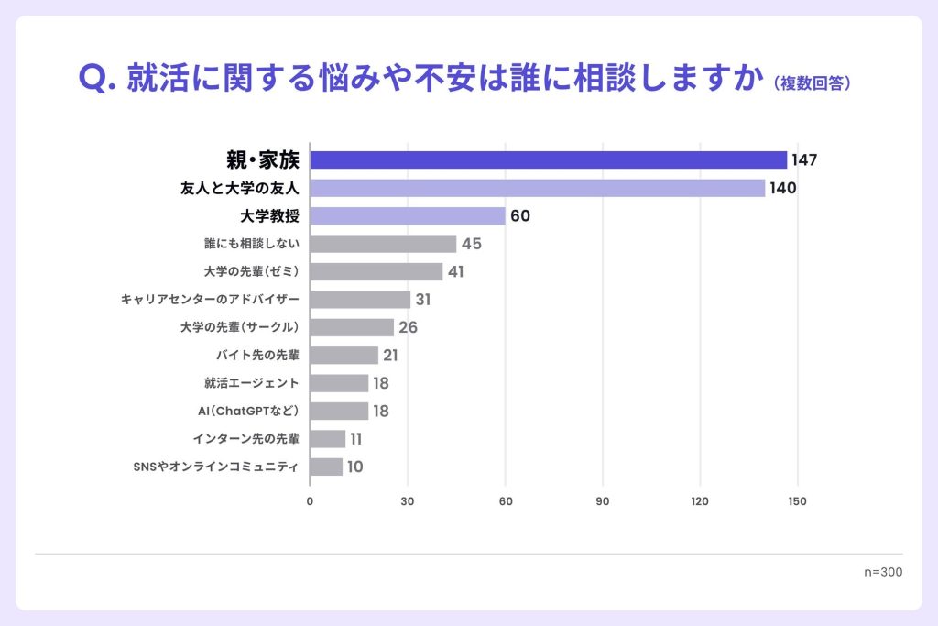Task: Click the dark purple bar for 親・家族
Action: pos(548,160)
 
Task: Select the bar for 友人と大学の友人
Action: pos(537,188)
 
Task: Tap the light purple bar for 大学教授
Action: pos(408,216)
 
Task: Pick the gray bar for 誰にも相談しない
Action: pos(383,244)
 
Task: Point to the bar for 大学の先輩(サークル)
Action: pos(352,327)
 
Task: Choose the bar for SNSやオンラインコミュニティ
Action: pos(326,467)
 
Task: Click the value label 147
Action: pos(804,160)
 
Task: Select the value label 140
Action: pos(783,188)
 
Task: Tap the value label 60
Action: pos(520,216)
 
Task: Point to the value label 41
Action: pos(457,272)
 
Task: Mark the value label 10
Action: pos(354,467)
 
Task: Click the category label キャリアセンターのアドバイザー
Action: pos(210,300)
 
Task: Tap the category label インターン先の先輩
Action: pos(245,439)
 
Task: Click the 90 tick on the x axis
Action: pos(603,501)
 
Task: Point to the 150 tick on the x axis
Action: pos(797,501)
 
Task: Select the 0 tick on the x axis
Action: pos(310,501)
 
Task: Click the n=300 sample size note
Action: pos(883,571)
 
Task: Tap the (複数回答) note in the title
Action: pos(813,83)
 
